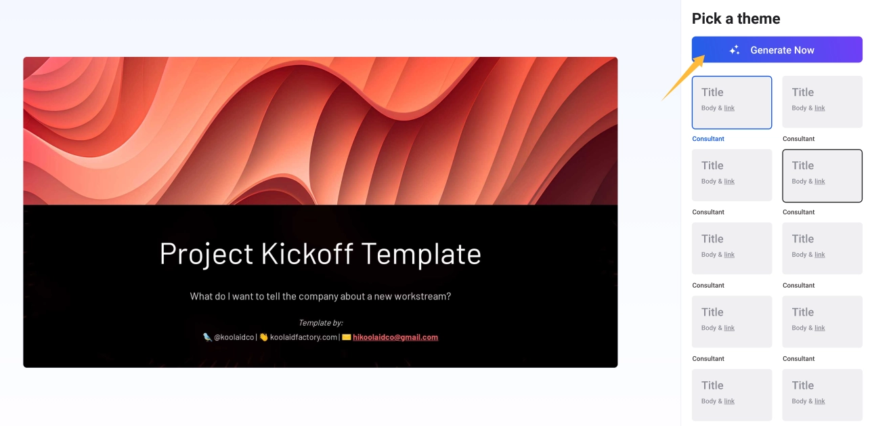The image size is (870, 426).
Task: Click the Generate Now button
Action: click(x=777, y=49)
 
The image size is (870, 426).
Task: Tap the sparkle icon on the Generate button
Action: click(x=734, y=49)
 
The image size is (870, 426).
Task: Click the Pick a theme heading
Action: click(x=736, y=19)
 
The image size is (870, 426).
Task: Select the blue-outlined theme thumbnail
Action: click(x=732, y=103)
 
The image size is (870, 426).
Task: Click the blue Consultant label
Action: click(x=708, y=139)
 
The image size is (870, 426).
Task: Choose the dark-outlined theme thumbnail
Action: click(x=822, y=175)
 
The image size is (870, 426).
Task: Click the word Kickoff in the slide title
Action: click(x=307, y=254)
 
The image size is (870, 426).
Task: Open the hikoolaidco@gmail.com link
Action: click(x=395, y=337)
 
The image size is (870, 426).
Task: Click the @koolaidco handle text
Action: click(x=234, y=337)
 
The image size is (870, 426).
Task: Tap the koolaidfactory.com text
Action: click(x=303, y=337)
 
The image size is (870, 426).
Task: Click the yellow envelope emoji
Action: click(x=346, y=337)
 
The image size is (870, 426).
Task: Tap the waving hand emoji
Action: click(x=264, y=337)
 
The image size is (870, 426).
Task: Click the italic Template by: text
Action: click(x=320, y=322)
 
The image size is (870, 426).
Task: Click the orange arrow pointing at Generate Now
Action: click(x=683, y=78)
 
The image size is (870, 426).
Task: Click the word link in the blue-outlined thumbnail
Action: click(x=729, y=108)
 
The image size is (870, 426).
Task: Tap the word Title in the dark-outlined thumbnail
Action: click(x=803, y=165)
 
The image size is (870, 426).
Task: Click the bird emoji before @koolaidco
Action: click(x=207, y=337)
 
